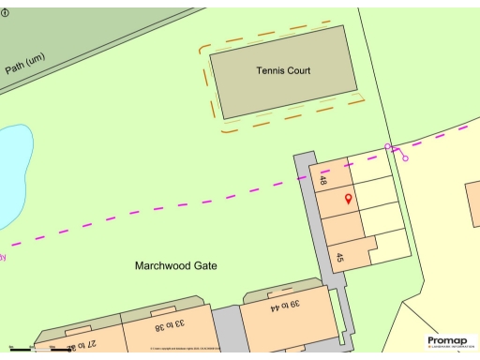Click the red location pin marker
(349, 199)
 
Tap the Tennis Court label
(282, 70)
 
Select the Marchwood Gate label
(176, 266)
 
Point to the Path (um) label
(24, 64)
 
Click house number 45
(340, 258)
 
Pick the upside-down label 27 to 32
(83, 345)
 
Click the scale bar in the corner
(37, 349)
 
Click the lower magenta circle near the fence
(406, 158)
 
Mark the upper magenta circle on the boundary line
(388, 147)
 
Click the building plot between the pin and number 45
(342, 228)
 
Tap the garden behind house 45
(392, 246)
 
